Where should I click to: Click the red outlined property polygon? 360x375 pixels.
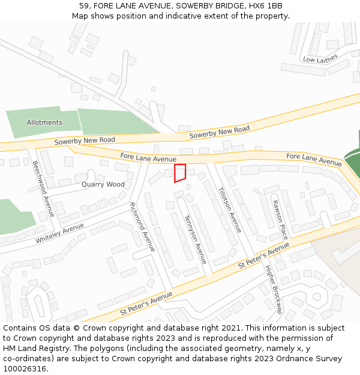[180, 172]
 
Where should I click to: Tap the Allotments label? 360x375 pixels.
[44, 122]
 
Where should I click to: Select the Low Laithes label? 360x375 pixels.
[320, 58]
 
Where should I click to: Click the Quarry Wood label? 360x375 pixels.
[103, 184]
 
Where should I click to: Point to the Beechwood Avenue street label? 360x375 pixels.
[44, 189]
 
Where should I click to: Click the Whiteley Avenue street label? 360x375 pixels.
[60, 233]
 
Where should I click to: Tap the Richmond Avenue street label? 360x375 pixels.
[143, 226]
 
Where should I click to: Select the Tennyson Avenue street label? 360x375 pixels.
[195, 239]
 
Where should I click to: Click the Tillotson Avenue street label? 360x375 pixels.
[230, 209]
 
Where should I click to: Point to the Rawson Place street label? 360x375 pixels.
[280, 220]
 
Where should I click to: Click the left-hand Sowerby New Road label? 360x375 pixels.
[85, 140]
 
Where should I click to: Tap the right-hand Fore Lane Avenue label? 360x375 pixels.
[314, 159]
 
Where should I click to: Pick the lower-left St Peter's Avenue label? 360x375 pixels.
[146, 303]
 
